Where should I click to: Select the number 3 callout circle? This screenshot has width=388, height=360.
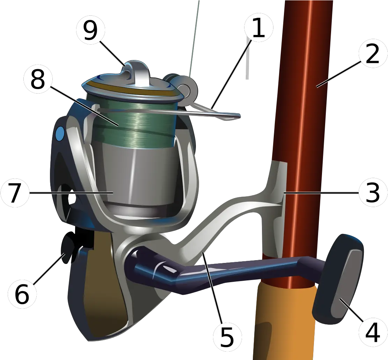(373, 192)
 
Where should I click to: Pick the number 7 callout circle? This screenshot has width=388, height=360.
(15, 192)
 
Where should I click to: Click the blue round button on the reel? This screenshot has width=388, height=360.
(60, 133)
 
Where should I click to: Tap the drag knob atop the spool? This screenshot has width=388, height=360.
(138, 72)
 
